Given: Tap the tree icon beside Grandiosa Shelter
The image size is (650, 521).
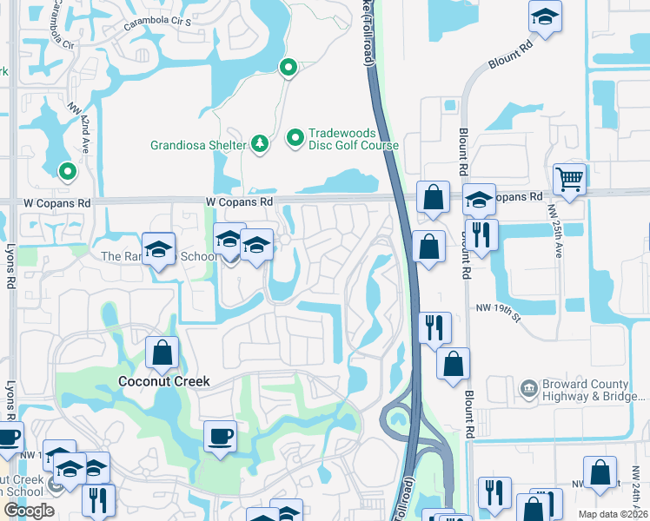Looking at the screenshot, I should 259,142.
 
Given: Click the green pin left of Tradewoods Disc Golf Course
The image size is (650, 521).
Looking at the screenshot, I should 295,137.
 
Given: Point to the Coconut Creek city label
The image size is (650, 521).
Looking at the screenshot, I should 164,381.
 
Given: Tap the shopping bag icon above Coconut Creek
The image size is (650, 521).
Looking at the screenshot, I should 162,353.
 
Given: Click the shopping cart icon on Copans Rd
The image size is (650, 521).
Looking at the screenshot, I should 569,180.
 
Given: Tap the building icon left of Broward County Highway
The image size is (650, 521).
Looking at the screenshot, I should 527,387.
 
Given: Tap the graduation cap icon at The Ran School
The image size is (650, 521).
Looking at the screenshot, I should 159,249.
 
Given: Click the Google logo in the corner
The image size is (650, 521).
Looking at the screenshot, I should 29,510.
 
